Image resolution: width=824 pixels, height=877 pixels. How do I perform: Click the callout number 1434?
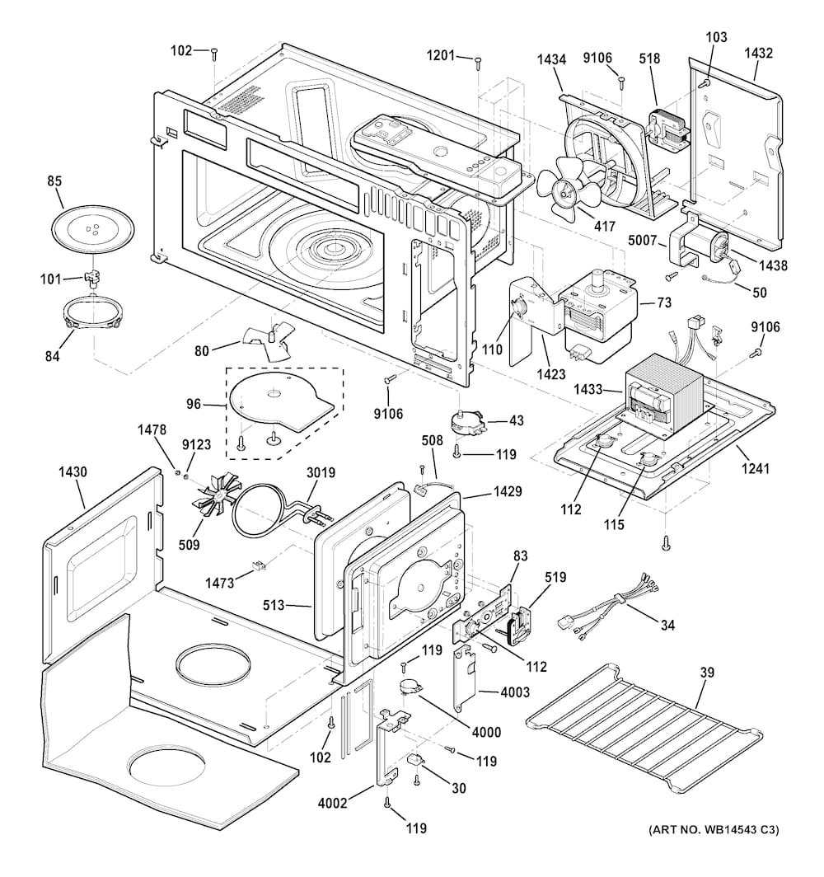551,59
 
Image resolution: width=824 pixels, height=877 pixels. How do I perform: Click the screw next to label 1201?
478,59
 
